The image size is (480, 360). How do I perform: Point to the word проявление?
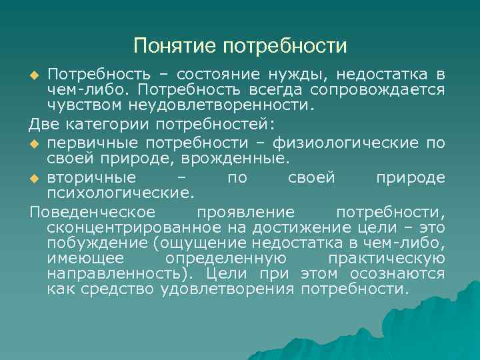pyautogui.click(x=245, y=213)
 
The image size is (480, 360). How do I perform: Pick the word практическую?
pyautogui.click(x=387, y=259)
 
